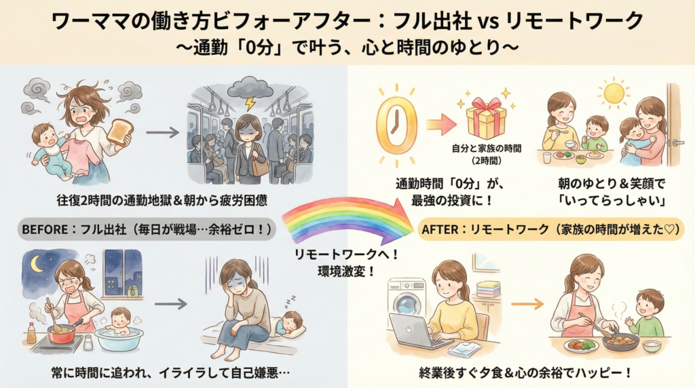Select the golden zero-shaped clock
click(x=396, y=125)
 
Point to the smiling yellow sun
click(x=616, y=93)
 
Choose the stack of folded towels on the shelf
click(x=487, y=288)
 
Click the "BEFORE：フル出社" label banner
click(x=147, y=231)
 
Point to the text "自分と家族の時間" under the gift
click(x=487, y=149)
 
